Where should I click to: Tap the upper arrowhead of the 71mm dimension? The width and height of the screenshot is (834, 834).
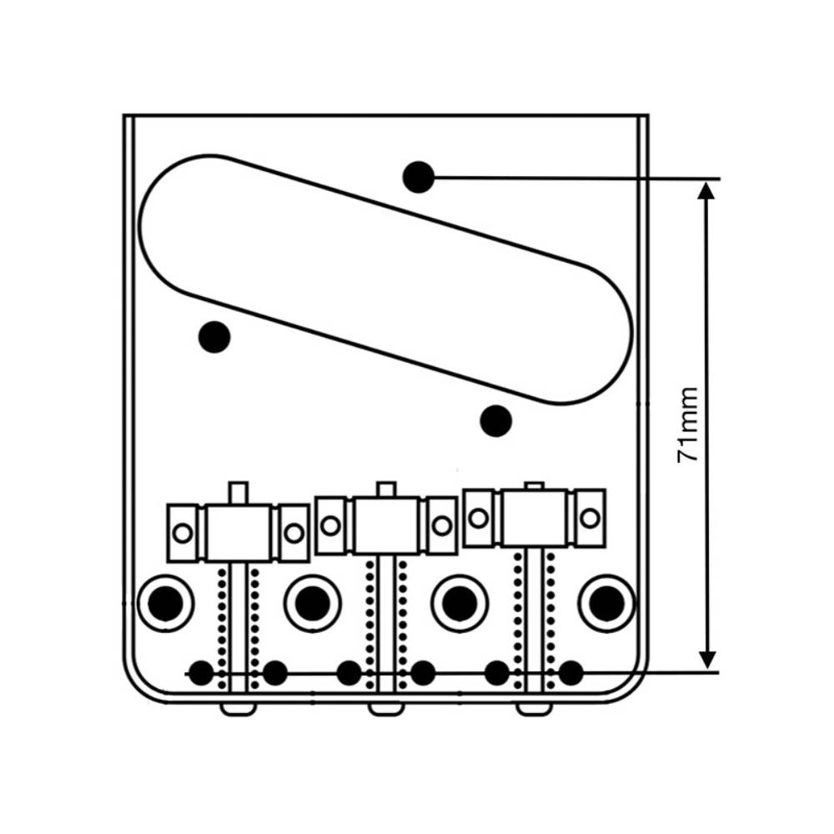(x=706, y=191)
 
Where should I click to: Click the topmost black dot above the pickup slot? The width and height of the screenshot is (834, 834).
(x=419, y=177)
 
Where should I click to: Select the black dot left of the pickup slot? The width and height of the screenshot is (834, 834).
(x=214, y=336)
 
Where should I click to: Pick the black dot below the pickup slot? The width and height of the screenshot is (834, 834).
(x=496, y=420)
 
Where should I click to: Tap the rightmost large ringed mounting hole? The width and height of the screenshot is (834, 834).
(x=607, y=602)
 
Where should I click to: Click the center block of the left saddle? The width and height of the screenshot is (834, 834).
(x=239, y=532)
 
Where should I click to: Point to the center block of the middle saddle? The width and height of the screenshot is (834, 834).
(x=385, y=525)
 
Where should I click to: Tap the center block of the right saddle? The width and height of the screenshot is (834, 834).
(x=534, y=518)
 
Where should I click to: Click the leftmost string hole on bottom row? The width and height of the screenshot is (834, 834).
(x=201, y=672)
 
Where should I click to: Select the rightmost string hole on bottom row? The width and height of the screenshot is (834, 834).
(x=571, y=672)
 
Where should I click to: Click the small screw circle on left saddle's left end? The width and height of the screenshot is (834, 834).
(x=183, y=533)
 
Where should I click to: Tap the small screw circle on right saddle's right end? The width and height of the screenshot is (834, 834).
(x=590, y=518)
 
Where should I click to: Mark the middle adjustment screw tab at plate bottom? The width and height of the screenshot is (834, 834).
(x=386, y=708)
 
